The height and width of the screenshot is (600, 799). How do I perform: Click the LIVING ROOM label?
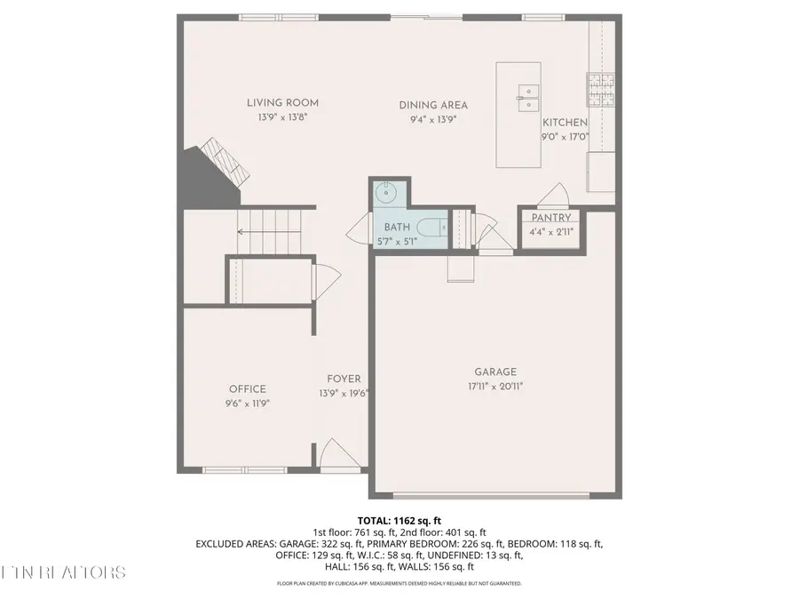[282, 103]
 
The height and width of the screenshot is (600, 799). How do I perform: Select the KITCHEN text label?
[566, 123]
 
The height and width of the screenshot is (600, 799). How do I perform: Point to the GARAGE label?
[494, 372]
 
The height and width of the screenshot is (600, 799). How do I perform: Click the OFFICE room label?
[248, 388]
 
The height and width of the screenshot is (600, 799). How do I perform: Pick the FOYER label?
[344, 379]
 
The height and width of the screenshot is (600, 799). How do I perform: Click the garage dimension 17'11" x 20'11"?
[494, 386]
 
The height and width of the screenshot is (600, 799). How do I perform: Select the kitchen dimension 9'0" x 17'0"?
[566, 137]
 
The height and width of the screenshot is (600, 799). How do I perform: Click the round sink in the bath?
[386, 191]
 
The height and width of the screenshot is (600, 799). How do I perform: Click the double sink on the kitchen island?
[528, 92]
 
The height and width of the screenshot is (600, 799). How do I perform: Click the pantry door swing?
[557, 193]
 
